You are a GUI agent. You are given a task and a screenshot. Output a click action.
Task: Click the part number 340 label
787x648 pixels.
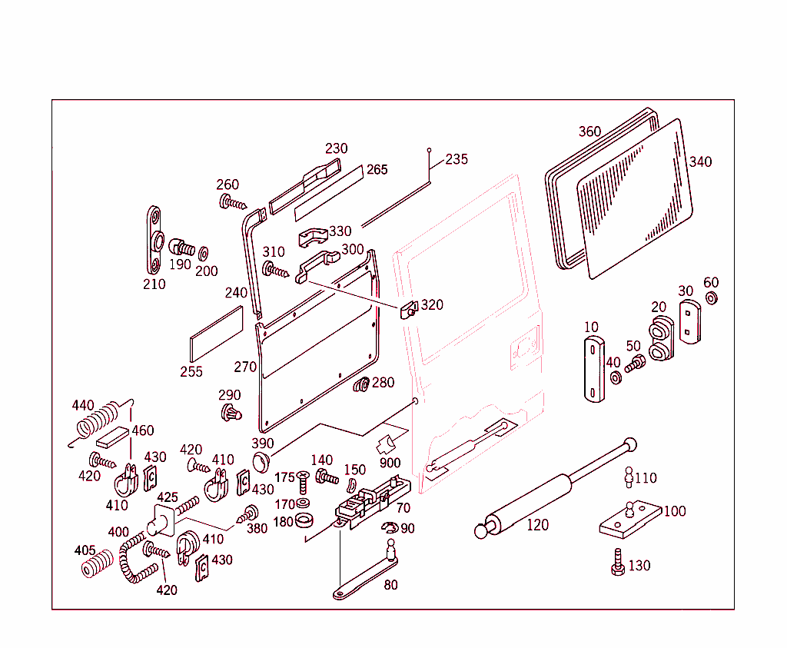(x=700, y=161)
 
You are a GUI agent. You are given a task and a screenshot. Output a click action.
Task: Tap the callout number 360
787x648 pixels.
(x=589, y=131)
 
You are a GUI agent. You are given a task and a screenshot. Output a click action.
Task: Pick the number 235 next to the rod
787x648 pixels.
(x=457, y=159)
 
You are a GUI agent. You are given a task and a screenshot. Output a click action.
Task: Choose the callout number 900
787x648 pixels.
(x=390, y=463)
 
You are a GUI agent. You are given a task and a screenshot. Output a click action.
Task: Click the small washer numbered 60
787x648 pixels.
(x=711, y=298)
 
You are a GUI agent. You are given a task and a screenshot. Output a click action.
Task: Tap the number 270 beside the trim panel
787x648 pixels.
(x=245, y=367)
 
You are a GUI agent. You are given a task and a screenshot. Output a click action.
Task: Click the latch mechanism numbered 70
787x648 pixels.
(x=370, y=503)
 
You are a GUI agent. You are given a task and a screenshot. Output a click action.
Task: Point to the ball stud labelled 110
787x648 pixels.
(x=628, y=477)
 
